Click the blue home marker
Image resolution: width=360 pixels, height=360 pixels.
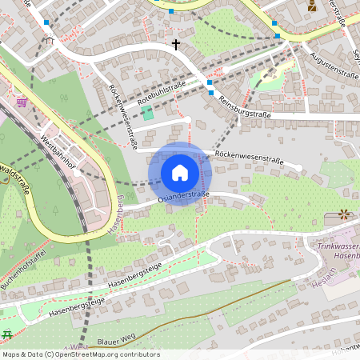[x=180, y=173]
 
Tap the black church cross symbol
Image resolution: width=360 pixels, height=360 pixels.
[x=176, y=45]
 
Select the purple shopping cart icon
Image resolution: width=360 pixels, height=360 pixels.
[x=22, y=102]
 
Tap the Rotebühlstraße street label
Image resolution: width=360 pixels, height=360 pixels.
[x=162, y=94]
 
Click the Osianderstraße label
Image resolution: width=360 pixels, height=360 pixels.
[x=183, y=196]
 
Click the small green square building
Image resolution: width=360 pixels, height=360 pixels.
[x=148, y=112]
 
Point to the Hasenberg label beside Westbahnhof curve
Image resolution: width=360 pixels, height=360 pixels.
[x=114, y=213]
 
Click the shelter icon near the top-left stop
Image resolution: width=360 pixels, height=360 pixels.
[x=50, y=38]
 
